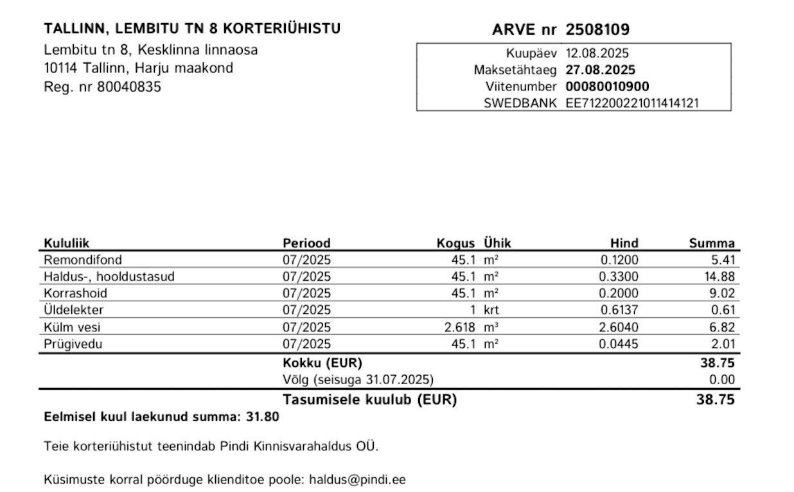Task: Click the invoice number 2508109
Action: click(x=597, y=30)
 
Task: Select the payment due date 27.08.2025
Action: click(x=600, y=70)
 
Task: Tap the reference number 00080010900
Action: click(x=607, y=87)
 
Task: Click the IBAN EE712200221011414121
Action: click(x=631, y=103)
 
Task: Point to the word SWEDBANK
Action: click(x=520, y=103)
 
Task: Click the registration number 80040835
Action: click(x=129, y=87)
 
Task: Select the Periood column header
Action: click(x=306, y=243)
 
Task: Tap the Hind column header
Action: click(x=624, y=243)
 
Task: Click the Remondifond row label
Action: click(x=83, y=260)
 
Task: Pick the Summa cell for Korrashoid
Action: click(x=724, y=294)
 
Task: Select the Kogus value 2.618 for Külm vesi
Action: click(x=460, y=328)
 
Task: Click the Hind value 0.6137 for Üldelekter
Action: click(x=619, y=310)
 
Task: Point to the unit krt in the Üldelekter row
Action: click(x=491, y=310)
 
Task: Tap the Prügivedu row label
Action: click(x=73, y=344)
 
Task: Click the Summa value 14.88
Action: click(x=720, y=277)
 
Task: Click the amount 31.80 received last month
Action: click(x=263, y=417)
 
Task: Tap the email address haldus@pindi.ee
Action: click(x=357, y=480)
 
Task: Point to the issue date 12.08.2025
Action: click(x=597, y=53)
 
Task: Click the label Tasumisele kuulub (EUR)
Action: click(x=369, y=400)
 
